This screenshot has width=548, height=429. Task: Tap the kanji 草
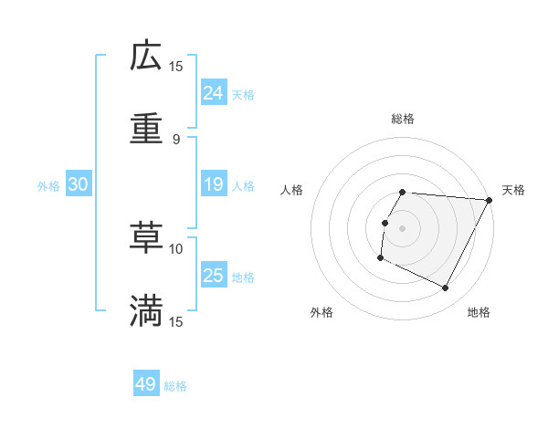click(146, 238)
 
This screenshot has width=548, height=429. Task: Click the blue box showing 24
click(213, 93)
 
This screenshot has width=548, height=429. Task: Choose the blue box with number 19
click(213, 185)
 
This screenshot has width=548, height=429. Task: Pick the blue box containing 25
click(213, 276)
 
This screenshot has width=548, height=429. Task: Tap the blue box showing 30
click(79, 185)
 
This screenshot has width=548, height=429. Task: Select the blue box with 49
click(145, 384)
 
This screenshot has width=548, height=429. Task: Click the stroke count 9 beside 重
click(176, 140)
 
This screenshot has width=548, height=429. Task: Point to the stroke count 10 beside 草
click(176, 248)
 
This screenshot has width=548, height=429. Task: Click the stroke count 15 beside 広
click(176, 66)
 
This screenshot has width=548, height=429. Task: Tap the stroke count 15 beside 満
click(176, 321)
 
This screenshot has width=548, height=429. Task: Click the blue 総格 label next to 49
click(175, 386)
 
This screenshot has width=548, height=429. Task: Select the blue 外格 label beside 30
click(48, 186)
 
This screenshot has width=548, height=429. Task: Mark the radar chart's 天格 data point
click(490, 200)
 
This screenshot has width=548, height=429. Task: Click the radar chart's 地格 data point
click(446, 288)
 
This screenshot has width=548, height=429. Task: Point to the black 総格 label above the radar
click(403, 119)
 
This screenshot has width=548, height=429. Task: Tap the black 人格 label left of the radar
click(292, 190)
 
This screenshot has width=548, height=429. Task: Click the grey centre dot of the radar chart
click(402, 227)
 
